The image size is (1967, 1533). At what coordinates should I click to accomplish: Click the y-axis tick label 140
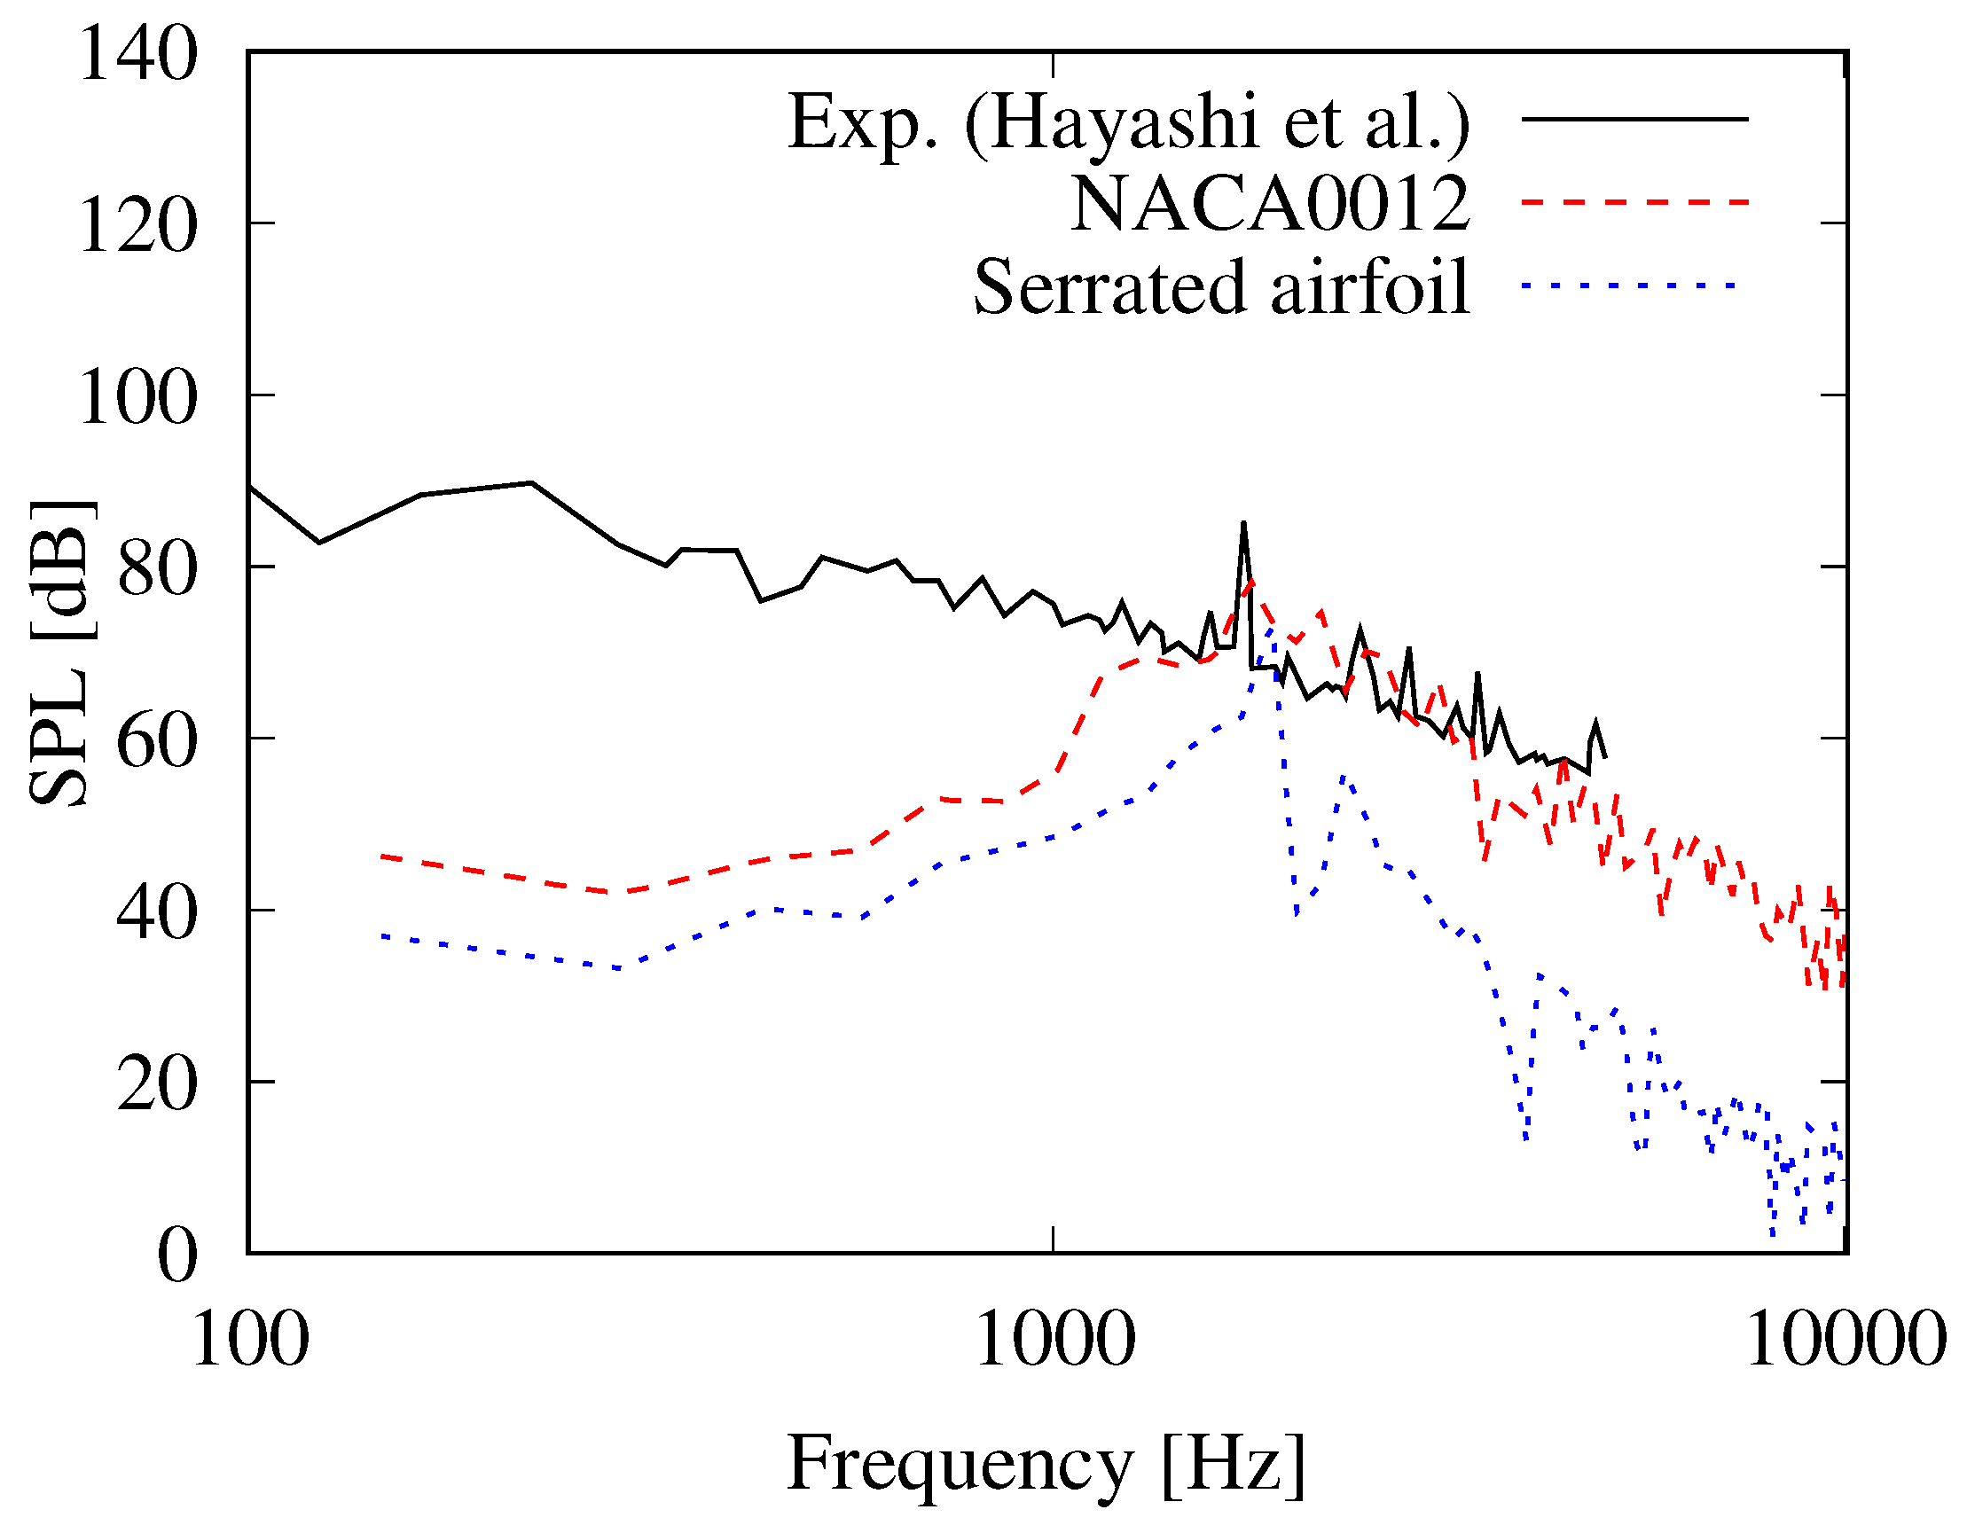pos(137,54)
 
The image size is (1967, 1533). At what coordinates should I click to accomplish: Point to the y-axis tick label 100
pos(137,397)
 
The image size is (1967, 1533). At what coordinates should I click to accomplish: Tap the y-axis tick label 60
pos(157,740)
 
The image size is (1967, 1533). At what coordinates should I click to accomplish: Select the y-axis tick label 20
pos(157,1083)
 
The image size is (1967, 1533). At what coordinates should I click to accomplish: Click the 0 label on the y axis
pos(176,1255)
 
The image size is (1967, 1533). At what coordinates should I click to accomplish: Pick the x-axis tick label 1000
pos(1054,1340)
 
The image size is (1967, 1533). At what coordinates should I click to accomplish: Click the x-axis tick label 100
pos(250,1340)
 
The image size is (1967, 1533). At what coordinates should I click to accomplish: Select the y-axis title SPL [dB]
pos(60,653)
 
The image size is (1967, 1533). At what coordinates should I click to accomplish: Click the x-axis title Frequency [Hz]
pos(1046,1464)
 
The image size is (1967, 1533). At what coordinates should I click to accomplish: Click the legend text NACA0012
pos(1270,204)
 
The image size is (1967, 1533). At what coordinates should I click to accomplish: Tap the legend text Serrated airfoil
pos(1221,287)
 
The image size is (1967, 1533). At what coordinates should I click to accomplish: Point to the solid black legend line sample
pos(1634,119)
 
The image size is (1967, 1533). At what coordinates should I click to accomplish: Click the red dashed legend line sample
pos(1634,203)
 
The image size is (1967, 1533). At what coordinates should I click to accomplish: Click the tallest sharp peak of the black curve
pos(1242,523)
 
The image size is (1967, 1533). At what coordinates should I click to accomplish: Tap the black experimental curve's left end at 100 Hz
pos(250,488)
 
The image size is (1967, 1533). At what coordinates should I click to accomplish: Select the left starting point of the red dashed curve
pos(384,856)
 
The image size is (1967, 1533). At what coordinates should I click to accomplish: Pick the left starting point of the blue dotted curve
pos(384,936)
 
